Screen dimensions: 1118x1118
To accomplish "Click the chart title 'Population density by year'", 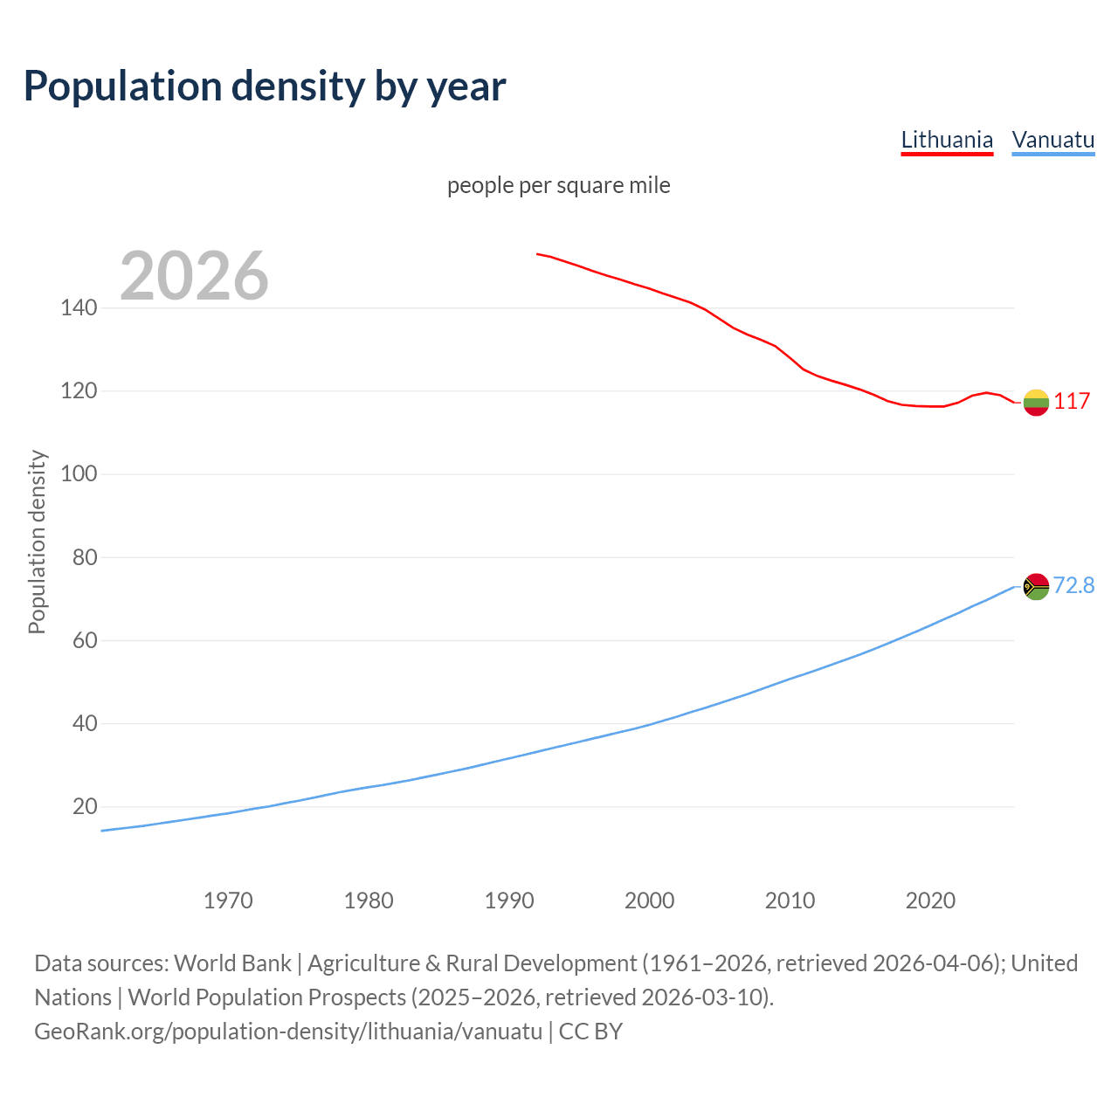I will [265, 86].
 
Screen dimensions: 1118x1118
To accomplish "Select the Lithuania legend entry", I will [947, 140].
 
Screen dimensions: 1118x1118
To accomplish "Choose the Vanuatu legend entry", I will [1052, 140].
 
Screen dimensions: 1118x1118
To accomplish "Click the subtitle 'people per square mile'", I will [558, 185].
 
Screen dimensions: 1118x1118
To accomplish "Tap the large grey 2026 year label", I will [194, 276].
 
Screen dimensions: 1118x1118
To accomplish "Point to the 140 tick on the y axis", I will [79, 308].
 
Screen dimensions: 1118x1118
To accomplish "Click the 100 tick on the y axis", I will [79, 474].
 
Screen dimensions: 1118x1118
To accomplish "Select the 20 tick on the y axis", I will [85, 806].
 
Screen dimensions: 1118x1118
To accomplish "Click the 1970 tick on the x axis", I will [228, 901].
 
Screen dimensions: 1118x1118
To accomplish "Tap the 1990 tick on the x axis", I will [509, 901].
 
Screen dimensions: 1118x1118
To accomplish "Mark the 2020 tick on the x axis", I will [930, 901].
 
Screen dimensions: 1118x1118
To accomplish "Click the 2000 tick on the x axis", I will [650, 901].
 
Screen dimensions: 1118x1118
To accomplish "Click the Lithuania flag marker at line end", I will [1036, 402].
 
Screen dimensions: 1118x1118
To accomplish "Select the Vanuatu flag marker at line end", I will [1036, 586].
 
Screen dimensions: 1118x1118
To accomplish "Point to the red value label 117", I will [1072, 402].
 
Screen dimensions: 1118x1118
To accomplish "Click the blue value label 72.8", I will [1073, 585].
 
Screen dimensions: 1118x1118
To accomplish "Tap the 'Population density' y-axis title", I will [37, 542].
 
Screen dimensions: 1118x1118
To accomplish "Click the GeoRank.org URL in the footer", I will [288, 1032].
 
